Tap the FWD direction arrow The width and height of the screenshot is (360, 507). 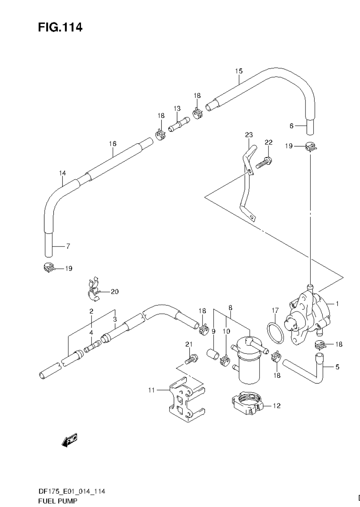(70, 440)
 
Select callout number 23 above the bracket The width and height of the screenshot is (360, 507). (249, 135)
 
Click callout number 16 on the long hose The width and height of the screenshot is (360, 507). (113, 144)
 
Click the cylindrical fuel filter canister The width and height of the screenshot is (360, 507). (248, 364)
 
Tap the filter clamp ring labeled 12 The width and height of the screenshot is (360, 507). (246, 403)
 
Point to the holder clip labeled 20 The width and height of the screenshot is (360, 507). (93, 290)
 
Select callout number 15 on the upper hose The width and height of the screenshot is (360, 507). (239, 71)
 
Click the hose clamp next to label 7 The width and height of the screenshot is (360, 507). (48, 268)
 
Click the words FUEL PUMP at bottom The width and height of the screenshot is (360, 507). (58, 500)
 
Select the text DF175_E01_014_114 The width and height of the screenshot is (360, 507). (72, 491)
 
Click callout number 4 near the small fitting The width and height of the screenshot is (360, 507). (91, 333)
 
